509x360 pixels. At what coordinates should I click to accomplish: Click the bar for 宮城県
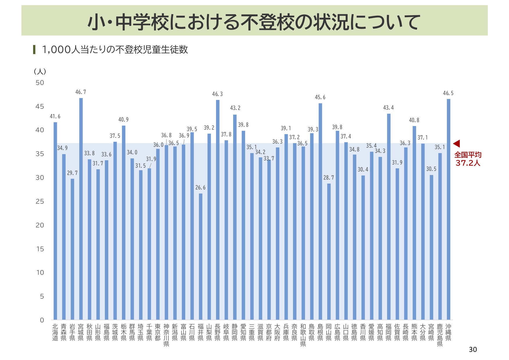pyautogui.click(x=81, y=209)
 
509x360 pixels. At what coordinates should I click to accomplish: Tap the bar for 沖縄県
pyautogui.click(x=449, y=209)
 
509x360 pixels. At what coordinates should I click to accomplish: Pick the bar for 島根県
pyautogui.click(x=320, y=212)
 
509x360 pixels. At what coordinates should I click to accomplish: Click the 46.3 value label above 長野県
pyautogui.click(x=217, y=94)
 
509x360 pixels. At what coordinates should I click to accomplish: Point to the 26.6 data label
pyautogui.click(x=200, y=188)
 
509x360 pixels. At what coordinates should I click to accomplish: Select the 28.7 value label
pyautogui.click(x=329, y=178)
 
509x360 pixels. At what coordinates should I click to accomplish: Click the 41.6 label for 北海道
pyautogui.click(x=55, y=116)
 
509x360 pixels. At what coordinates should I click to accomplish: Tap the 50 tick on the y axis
pyautogui.click(x=40, y=83)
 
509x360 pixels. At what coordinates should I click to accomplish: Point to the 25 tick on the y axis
pyautogui.click(x=40, y=201)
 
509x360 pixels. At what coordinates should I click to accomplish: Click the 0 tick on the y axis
pyautogui.click(x=42, y=320)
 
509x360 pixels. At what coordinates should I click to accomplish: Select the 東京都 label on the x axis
pyautogui.click(x=158, y=332)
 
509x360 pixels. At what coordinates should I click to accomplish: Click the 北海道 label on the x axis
pyautogui.click(x=55, y=332)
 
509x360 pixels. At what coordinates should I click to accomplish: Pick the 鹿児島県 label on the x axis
pyautogui.click(x=440, y=335)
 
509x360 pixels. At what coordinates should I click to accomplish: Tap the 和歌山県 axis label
pyautogui.click(x=303, y=335)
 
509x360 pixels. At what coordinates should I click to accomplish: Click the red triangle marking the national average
pyautogui.click(x=457, y=143)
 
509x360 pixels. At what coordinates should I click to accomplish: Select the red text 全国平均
pyautogui.click(x=468, y=155)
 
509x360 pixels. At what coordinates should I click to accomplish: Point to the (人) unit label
pyautogui.click(x=40, y=71)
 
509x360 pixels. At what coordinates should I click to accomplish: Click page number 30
pyautogui.click(x=473, y=350)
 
